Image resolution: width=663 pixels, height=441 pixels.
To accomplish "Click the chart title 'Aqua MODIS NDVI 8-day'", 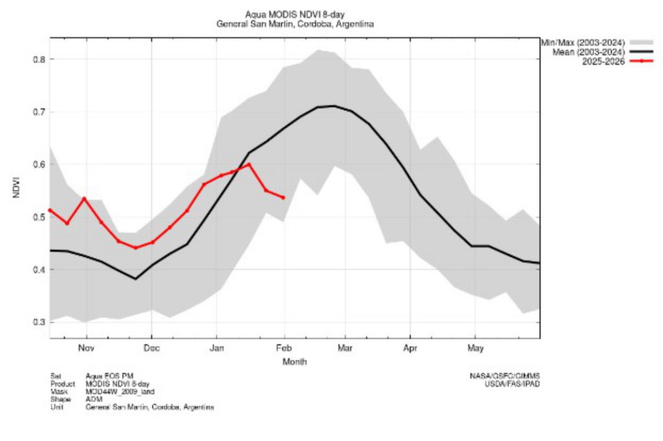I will tap(295, 14).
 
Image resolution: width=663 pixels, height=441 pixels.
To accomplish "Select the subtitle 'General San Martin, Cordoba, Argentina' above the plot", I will tap(295, 23).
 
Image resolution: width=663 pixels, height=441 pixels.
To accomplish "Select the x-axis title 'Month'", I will tap(295, 362).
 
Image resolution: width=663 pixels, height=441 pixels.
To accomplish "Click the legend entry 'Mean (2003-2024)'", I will tap(588, 52).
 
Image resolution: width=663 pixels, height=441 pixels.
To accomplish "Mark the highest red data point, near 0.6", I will tap(249, 164).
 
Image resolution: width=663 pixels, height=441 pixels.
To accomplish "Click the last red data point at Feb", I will tap(284, 197).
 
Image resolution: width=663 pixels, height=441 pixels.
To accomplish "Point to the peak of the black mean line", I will tap(333, 106).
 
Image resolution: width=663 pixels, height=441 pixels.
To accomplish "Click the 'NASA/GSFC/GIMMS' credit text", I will tap(505, 376).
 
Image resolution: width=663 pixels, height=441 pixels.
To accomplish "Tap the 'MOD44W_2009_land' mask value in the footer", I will tap(120, 392).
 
